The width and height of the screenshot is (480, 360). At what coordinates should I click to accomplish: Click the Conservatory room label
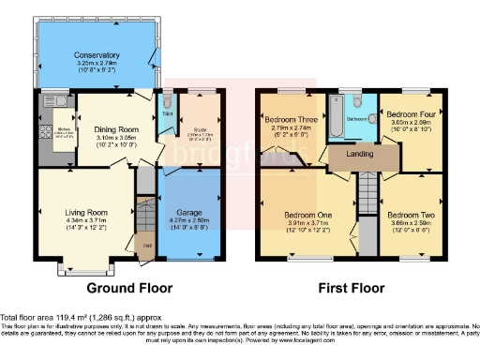97,55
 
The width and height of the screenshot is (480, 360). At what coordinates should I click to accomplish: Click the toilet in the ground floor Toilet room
168,100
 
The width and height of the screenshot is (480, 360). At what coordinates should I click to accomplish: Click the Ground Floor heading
127,287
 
